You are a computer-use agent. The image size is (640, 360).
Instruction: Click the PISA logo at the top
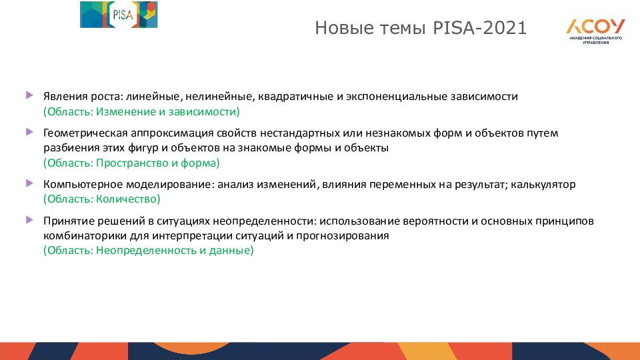[119, 15]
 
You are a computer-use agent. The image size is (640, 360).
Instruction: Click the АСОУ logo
[595, 31]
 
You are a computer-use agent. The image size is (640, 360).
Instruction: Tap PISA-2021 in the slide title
[479, 28]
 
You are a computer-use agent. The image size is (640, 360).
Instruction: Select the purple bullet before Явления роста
[29, 95]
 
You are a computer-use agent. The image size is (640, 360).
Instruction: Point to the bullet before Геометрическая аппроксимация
[29, 132]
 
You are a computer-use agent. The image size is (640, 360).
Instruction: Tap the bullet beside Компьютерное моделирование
[29, 183]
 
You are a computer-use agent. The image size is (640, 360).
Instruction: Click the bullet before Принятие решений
[29, 220]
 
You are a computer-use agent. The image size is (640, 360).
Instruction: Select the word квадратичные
[295, 97]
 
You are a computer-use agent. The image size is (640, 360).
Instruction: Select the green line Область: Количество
[101, 199]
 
